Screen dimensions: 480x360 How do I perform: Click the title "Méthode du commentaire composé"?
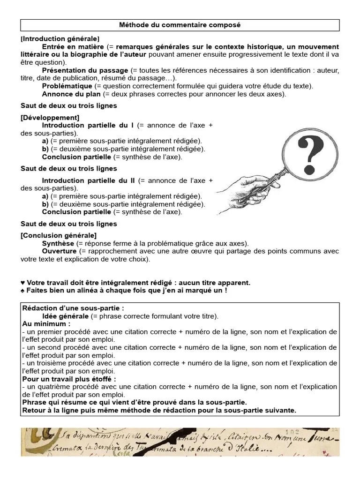tap(180, 25)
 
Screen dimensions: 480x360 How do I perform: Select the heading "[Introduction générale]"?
tap(60, 38)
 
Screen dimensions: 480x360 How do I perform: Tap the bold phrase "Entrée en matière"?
tap(73, 47)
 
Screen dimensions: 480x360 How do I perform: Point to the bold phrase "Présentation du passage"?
tap(85, 70)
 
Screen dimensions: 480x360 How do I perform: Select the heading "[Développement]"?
tap(50, 118)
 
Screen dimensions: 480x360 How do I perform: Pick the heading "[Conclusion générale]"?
tap(59, 235)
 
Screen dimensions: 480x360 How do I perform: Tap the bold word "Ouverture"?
tap(59, 251)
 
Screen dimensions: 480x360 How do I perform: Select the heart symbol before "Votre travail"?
tap(23, 283)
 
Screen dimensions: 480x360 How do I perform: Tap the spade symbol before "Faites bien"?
tap(23, 291)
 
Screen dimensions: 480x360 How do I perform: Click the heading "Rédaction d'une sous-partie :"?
tap(73, 308)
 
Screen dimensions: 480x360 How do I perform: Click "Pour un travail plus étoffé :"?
tap(69, 379)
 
